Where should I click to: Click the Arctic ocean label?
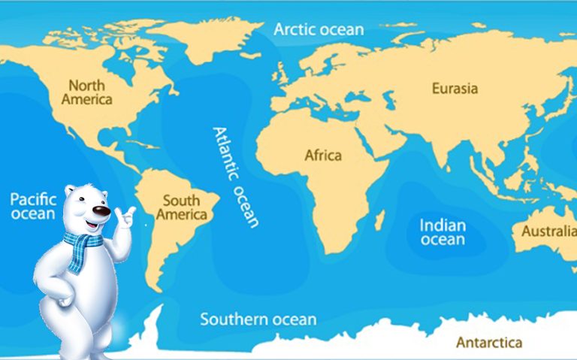(x=318, y=30)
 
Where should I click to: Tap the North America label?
(x=87, y=92)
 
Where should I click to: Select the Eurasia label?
(x=455, y=89)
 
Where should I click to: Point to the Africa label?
(x=322, y=156)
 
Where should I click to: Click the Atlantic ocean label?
(x=236, y=177)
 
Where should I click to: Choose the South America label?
(x=181, y=207)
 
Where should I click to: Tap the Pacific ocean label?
(x=32, y=206)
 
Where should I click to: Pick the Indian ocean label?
(x=443, y=232)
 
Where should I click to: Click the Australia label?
(x=549, y=231)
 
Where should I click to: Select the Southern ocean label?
(x=258, y=319)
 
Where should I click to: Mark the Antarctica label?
(x=488, y=343)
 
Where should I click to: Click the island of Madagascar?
(x=380, y=220)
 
